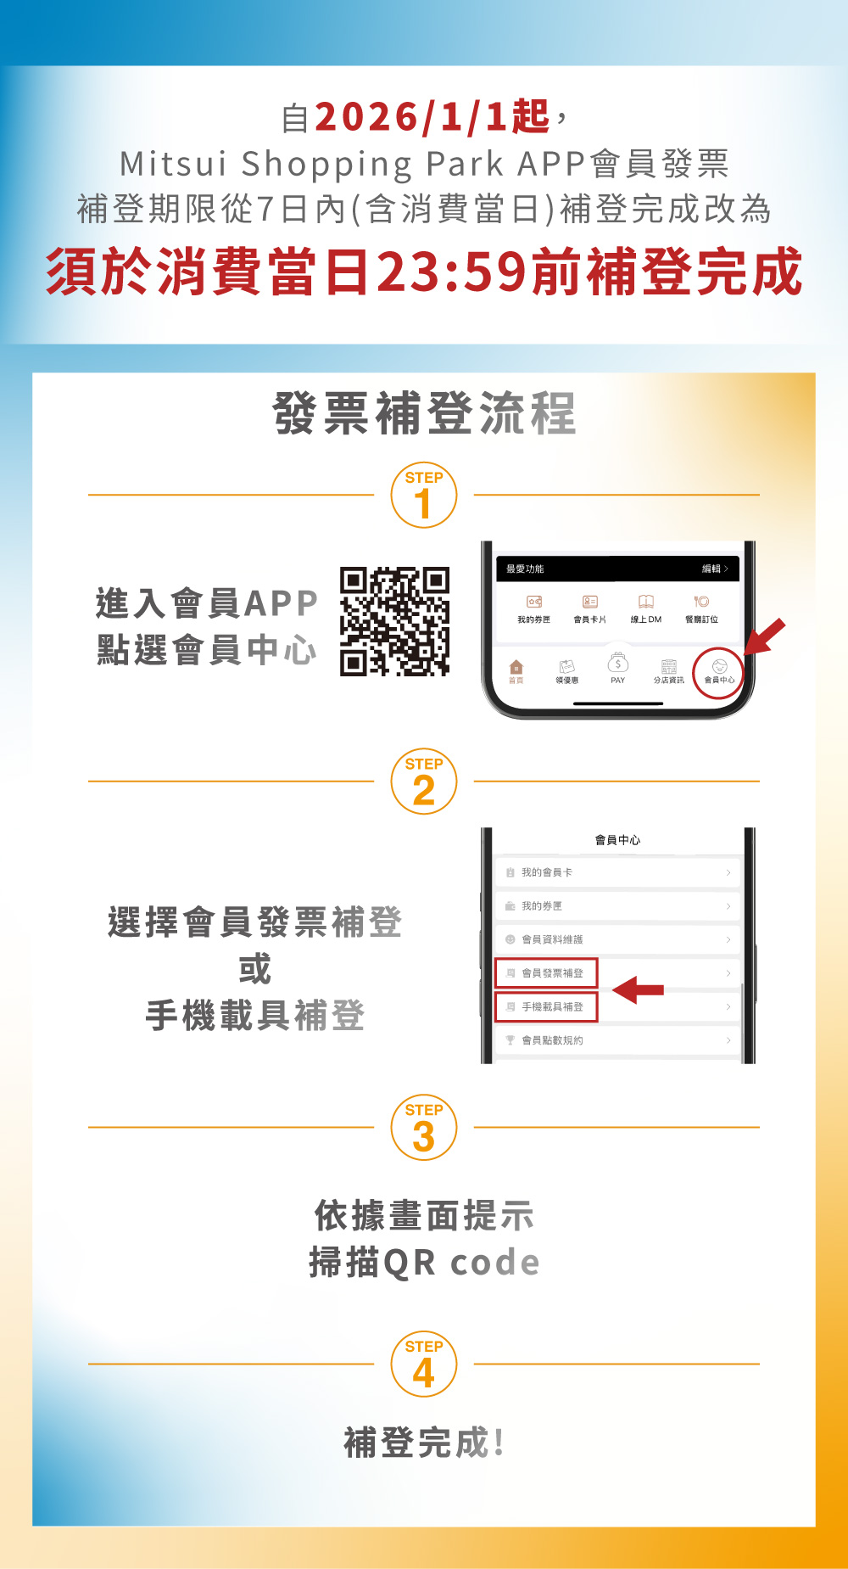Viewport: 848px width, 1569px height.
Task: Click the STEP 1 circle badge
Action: (424, 495)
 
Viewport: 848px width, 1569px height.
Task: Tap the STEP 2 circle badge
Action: (424, 782)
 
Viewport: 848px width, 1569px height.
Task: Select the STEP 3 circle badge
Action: (424, 1128)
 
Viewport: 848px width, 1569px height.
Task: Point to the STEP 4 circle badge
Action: (424, 1364)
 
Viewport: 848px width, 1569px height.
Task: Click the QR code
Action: (394, 621)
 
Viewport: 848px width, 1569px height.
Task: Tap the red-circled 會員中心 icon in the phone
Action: (719, 673)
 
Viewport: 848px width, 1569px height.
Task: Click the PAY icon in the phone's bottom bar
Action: (618, 668)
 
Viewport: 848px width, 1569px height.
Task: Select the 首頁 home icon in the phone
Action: (516, 671)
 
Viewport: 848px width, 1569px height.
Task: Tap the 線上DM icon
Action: (646, 608)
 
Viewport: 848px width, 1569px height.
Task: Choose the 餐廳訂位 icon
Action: (701, 608)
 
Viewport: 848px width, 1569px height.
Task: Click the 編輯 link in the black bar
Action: (715, 569)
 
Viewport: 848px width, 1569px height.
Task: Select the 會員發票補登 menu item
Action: (546, 973)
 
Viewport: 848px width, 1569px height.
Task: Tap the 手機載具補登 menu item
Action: (546, 1006)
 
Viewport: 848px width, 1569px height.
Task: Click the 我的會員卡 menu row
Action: (617, 872)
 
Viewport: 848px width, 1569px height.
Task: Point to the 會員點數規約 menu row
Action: (617, 1040)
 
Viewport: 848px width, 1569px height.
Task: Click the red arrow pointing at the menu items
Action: (638, 989)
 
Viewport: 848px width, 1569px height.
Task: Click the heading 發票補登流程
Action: (424, 413)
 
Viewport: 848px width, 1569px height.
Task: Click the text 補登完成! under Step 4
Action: (424, 1443)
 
